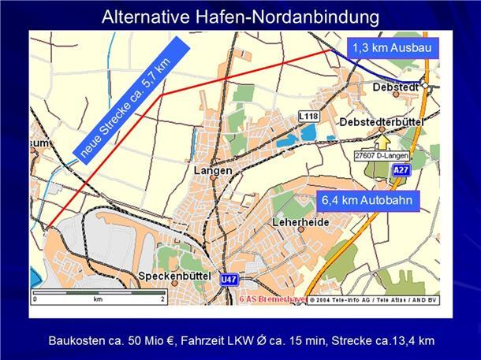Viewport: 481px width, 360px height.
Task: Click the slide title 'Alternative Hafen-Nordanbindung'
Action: (240, 16)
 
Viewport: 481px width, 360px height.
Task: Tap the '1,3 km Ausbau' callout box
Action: (391, 47)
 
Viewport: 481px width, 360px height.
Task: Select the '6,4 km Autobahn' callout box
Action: (366, 200)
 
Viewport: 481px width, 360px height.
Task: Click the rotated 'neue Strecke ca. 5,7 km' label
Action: (129, 101)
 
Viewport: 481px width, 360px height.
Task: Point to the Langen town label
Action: (212, 170)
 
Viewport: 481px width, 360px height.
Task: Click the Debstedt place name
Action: (397, 86)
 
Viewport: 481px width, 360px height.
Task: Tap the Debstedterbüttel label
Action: (382, 123)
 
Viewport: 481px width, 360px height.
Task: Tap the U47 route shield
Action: (229, 278)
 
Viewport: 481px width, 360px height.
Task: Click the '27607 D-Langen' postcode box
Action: (382, 156)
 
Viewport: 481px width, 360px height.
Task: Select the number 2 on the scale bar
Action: (162, 300)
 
